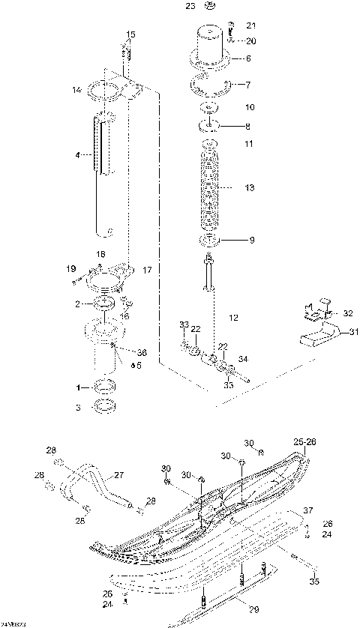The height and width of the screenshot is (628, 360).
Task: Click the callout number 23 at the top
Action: coord(190,6)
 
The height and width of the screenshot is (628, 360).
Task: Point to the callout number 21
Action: coord(250,26)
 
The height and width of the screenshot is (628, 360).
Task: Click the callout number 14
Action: coord(76,90)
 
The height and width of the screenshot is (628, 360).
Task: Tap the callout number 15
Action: coord(130,34)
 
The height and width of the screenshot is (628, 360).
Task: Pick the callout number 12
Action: coord(234,317)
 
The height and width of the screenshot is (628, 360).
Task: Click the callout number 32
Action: coord(347,313)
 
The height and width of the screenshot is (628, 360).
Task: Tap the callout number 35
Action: coord(313,579)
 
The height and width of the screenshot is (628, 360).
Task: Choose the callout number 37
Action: coord(307,510)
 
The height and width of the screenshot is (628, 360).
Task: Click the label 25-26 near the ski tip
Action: coord(304,441)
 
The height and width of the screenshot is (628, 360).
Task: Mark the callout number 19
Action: coord(71,268)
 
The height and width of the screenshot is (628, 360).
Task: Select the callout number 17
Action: coord(147,269)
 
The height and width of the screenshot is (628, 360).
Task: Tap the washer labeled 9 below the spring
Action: coord(210,241)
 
